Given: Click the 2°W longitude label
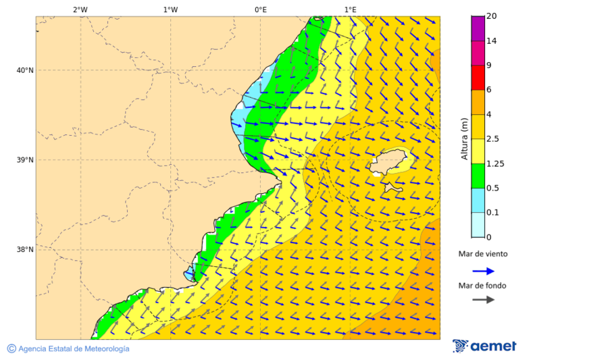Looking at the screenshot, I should tap(80, 9).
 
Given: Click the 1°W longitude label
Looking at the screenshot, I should tap(170, 9).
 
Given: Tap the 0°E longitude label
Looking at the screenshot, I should tap(260, 9).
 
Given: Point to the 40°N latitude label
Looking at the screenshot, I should tap(25, 70).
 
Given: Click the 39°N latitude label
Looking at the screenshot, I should tap(25, 160).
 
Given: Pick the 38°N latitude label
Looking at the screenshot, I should tap(25, 250).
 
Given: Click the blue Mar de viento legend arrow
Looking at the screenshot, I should tap(483, 271).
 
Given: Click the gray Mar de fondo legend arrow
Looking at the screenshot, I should tap(483, 300).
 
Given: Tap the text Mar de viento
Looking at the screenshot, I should tap(483, 255).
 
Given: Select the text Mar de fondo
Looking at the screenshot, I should tap(483, 286).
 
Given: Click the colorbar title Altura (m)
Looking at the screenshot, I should tap(464, 138).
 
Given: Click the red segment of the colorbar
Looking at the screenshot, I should tap(478, 77).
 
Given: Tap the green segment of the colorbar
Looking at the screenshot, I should tap(478, 176).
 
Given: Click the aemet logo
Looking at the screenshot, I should tap(484, 346).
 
